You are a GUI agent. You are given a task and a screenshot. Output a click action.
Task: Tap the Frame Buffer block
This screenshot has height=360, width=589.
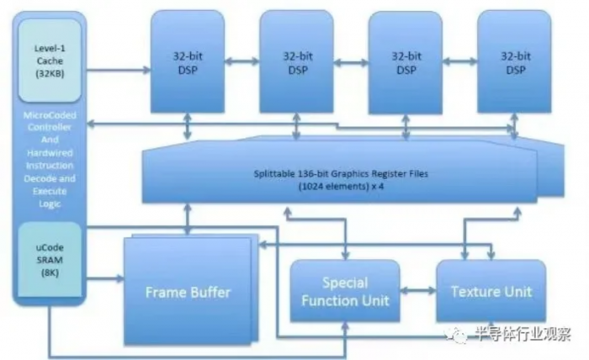187,292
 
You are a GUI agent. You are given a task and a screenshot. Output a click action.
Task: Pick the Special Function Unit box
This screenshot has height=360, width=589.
343,290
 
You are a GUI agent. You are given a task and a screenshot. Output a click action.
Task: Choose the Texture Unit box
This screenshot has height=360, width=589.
491,291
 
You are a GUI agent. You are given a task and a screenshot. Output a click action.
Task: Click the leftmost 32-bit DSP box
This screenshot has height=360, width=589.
187,63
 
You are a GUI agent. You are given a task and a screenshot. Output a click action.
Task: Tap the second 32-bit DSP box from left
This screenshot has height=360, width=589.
295,63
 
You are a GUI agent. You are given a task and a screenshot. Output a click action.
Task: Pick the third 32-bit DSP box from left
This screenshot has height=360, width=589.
405,63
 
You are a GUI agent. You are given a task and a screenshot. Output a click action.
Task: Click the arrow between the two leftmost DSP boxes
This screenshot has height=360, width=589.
241,61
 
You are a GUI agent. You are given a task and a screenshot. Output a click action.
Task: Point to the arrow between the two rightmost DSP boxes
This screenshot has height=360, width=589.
459,61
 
